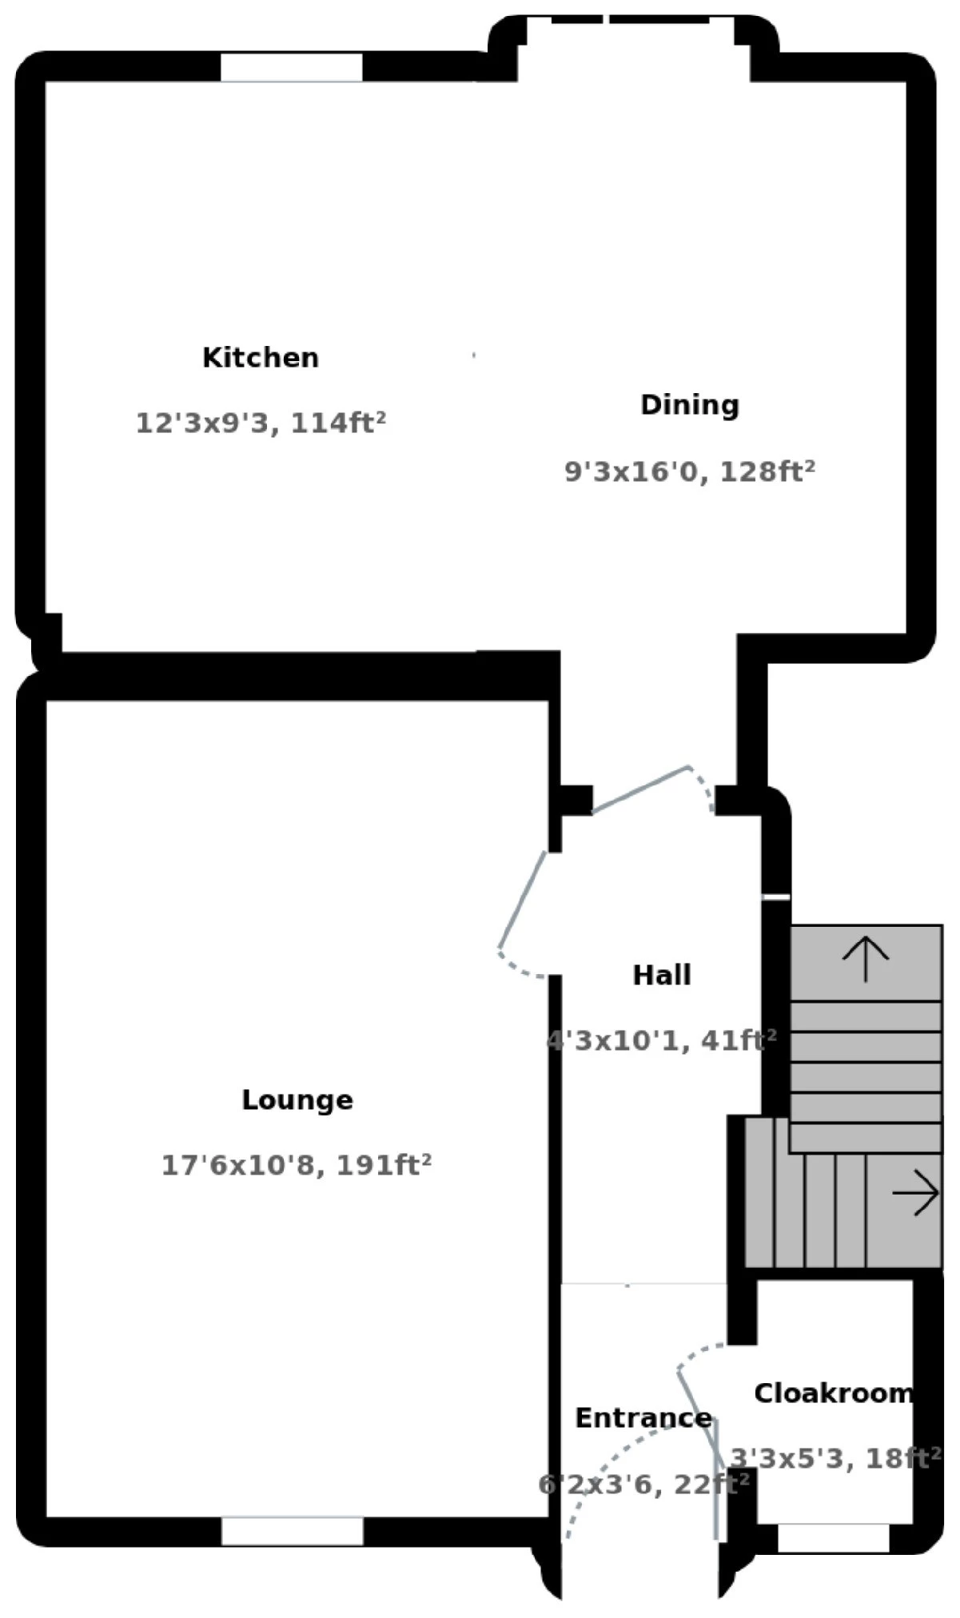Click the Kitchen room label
[x=261, y=357]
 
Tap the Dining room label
[x=689, y=404]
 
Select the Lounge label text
[x=297, y=1099]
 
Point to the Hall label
[x=662, y=975]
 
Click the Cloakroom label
[x=833, y=1393]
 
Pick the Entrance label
[x=643, y=1417]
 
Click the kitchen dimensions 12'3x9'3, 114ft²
[x=261, y=422]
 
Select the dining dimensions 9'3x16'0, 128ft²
[x=689, y=471]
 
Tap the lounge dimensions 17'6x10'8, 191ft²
[x=297, y=1165]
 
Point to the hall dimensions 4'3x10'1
[x=661, y=1040]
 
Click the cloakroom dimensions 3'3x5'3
[x=835, y=1458]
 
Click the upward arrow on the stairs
[x=866, y=959]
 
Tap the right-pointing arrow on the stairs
[x=916, y=1193]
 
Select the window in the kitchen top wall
[x=292, y=67]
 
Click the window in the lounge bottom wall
[x=292, y=1532]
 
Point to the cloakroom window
[x=833, y=1538]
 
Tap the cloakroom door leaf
[x=700, y=1419]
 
